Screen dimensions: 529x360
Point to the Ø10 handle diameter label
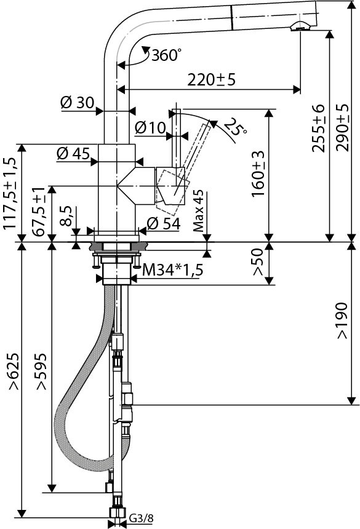(x=150, y=128)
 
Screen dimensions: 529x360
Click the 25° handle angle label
(x=234, y=127)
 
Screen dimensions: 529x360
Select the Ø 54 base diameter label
(x=163, y=224)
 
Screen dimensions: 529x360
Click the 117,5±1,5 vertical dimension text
(x=10, y=193)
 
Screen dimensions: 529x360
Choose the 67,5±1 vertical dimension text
(x=39, y=211)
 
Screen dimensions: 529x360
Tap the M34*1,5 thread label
(x=173, y=269)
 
